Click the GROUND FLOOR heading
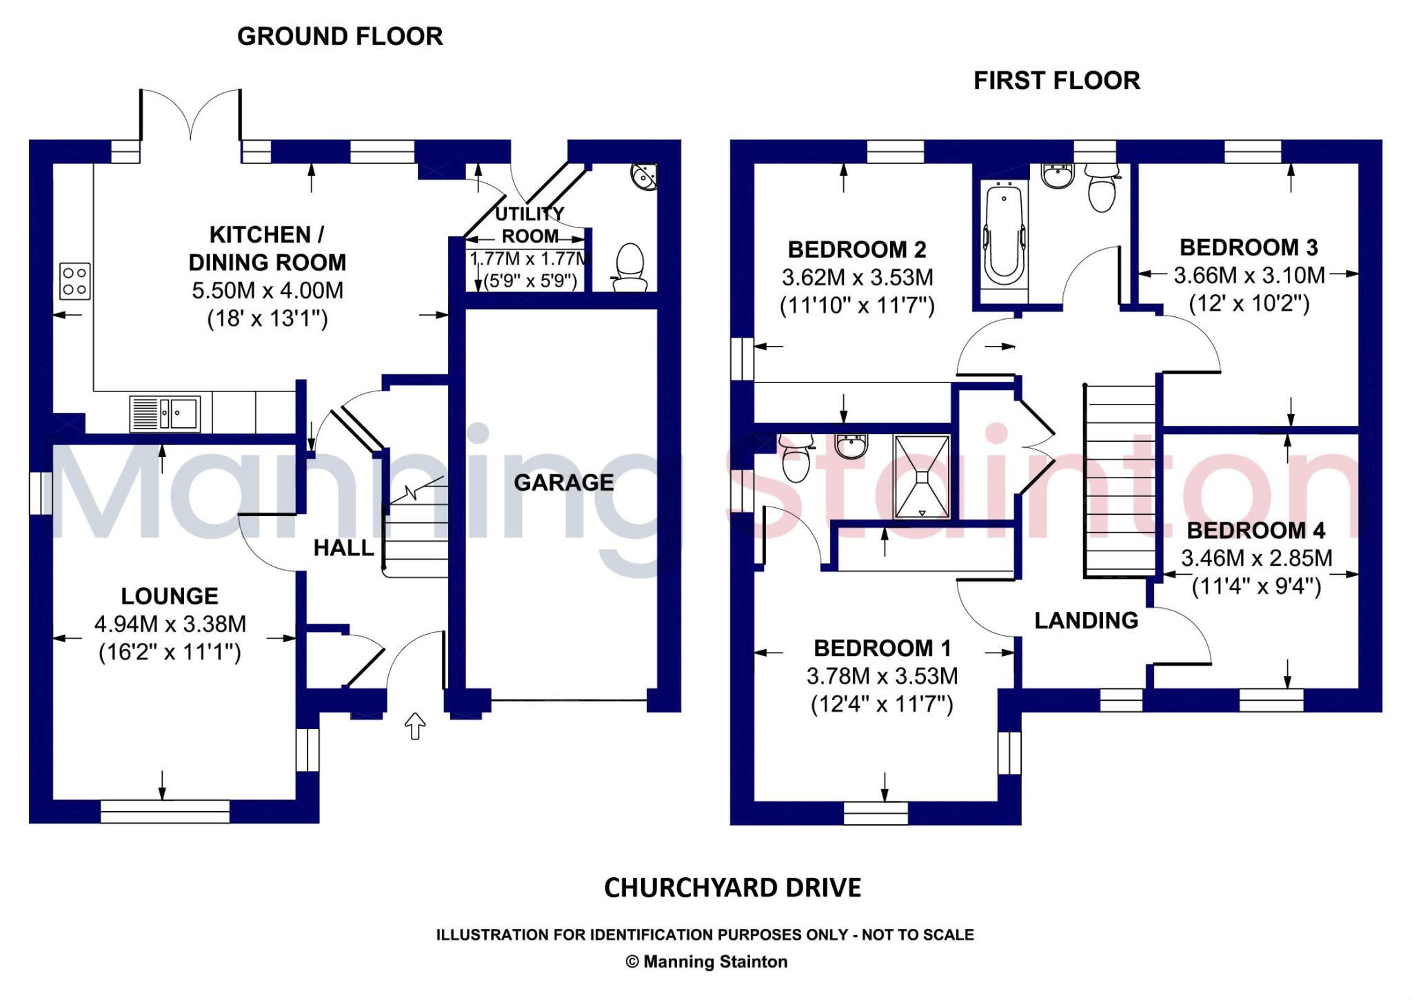pos(340,37)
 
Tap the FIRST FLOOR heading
pos(1056,81)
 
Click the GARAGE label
pos(563,482)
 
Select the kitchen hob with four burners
pos(74,281)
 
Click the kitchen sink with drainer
pos(165,413)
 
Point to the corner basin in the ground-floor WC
pos(645,176)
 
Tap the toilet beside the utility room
pos(629,267)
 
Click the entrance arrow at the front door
pos(414,726)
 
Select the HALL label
pos(343,548)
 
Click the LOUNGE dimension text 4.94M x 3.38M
pos(170,624)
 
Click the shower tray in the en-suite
pos(922,476)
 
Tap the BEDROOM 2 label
pos(857,249)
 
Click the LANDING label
pos(1086,620)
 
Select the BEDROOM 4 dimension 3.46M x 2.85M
pos(1256,558)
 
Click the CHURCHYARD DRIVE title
pos(732,888)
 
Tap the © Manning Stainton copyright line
pos(706,962)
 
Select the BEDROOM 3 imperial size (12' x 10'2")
pos(1249,304)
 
